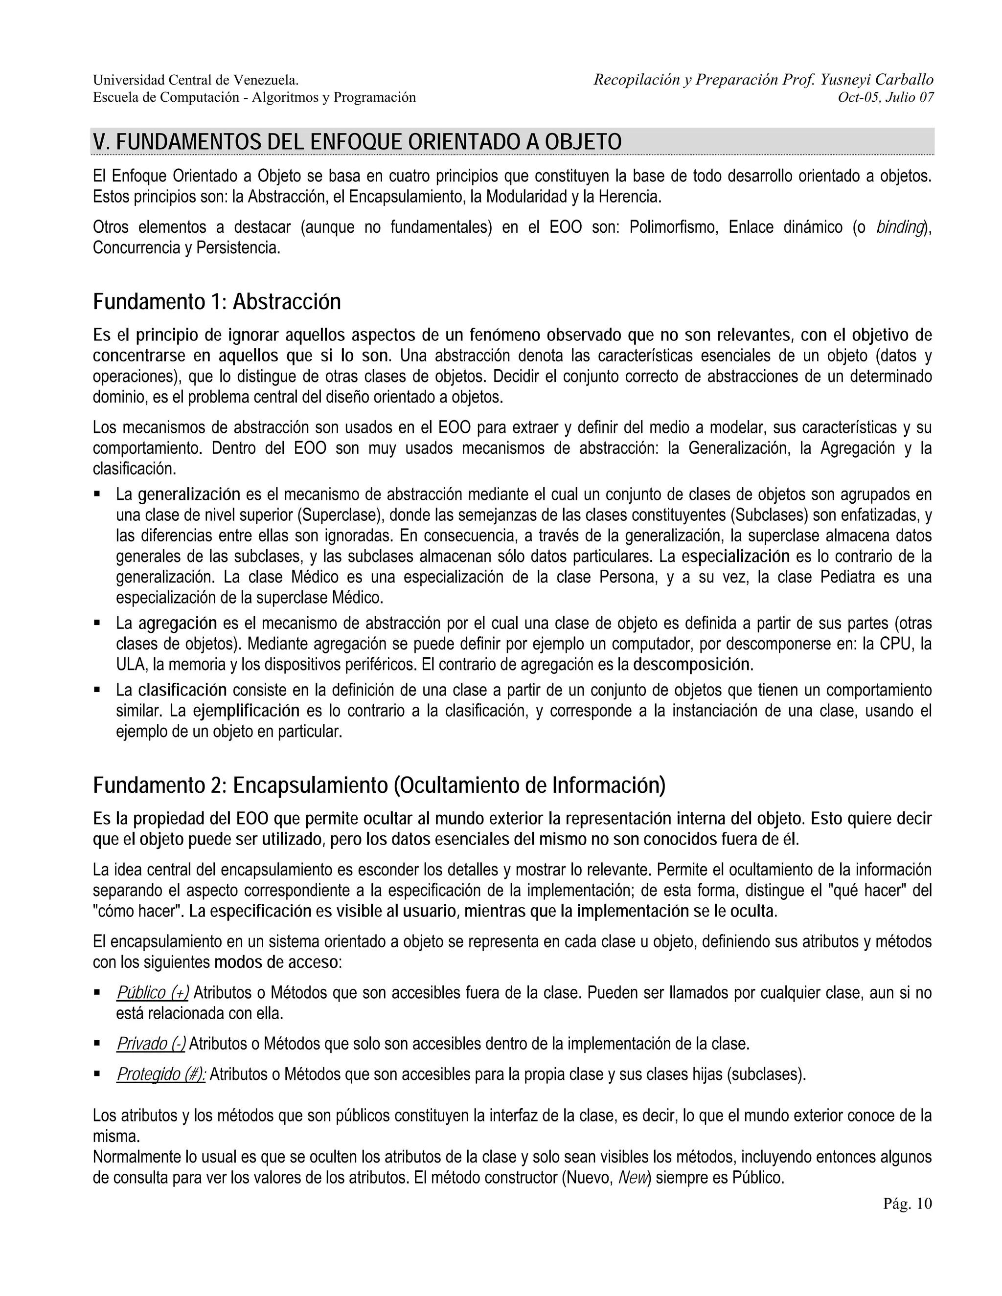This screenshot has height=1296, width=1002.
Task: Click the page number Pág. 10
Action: (x=907, y=1204)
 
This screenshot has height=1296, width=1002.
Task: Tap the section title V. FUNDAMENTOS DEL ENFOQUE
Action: (x=357, y=142)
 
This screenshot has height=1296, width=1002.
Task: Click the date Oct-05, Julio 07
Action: (x=885, y=97)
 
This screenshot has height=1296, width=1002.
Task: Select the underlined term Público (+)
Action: (x=153, y=992)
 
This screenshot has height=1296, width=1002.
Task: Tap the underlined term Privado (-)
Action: (x=151, y=1043)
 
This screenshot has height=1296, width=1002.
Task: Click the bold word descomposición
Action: (x=692, y=664)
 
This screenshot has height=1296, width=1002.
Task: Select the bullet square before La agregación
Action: (x=97, y=623)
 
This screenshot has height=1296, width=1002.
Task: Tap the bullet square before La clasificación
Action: (x=97, y=690)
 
